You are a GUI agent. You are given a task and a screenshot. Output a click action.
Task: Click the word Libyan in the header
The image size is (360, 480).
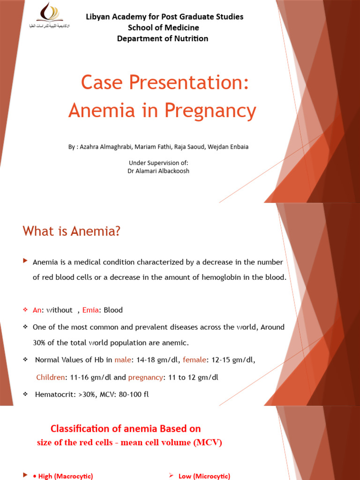click(x=97, y=17)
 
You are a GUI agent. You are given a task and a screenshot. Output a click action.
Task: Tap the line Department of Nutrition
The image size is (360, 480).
click(x=163, y=38)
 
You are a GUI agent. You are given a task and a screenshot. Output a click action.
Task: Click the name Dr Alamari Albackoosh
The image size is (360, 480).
click(x=158, y=171)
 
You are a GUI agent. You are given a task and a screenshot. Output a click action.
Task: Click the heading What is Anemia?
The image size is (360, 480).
click(x=71, y=231)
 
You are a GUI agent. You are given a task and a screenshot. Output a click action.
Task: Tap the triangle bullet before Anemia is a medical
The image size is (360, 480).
click(x=25, y=261)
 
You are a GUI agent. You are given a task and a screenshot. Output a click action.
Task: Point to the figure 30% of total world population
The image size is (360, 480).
click(x=40, y=343)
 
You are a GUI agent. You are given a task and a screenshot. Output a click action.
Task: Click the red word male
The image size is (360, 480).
click(x=123, y=360)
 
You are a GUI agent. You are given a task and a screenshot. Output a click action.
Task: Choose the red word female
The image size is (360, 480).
click(x=194, y=360)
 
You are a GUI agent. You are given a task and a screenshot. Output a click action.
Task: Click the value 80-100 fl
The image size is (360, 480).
click(x=134, y=394)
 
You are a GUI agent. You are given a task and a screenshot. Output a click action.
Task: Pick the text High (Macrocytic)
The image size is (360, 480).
click(x=63, y=476)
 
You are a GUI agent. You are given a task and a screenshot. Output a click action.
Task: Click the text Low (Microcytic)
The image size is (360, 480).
click(x=204, y=476)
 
